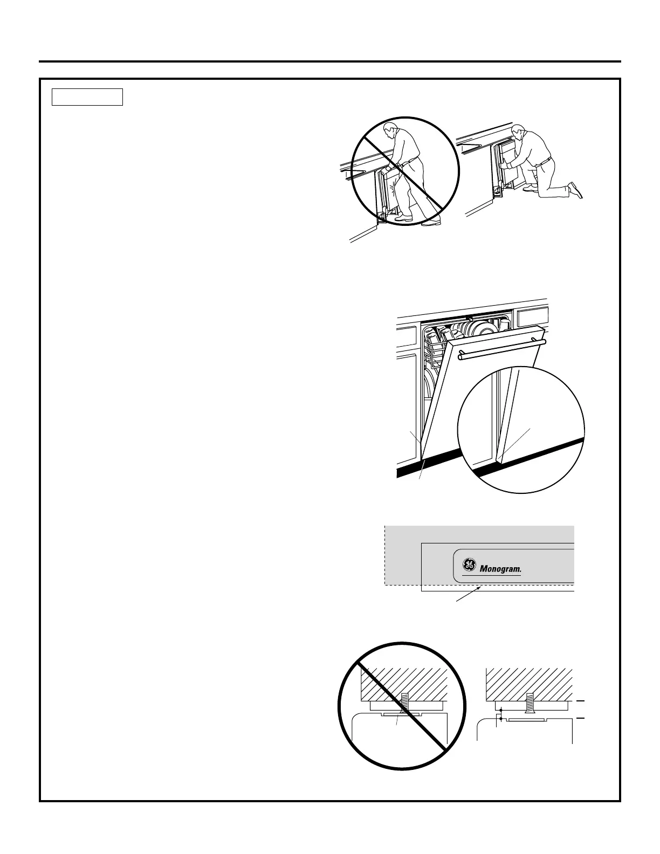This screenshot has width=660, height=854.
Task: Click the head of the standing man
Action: tap(390, 130)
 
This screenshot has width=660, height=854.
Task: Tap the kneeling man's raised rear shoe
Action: tap(576, 190)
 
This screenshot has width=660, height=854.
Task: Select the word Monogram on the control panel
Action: tap(500, 569)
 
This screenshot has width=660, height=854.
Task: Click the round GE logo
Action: tap(468, 566)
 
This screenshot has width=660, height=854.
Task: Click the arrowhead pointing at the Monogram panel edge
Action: tap(478, 589)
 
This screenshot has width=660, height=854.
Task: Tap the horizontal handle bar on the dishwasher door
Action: tap(501, 349)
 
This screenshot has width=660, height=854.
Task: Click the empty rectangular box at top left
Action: tap(87, 97)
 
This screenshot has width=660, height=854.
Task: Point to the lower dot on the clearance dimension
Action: tap(501, 719)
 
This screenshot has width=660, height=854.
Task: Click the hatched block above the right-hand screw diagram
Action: tap(528, 682)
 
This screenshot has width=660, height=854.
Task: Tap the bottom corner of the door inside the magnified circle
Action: tap(499, 461)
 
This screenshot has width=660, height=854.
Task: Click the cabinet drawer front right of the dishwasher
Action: tap(532, 318)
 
